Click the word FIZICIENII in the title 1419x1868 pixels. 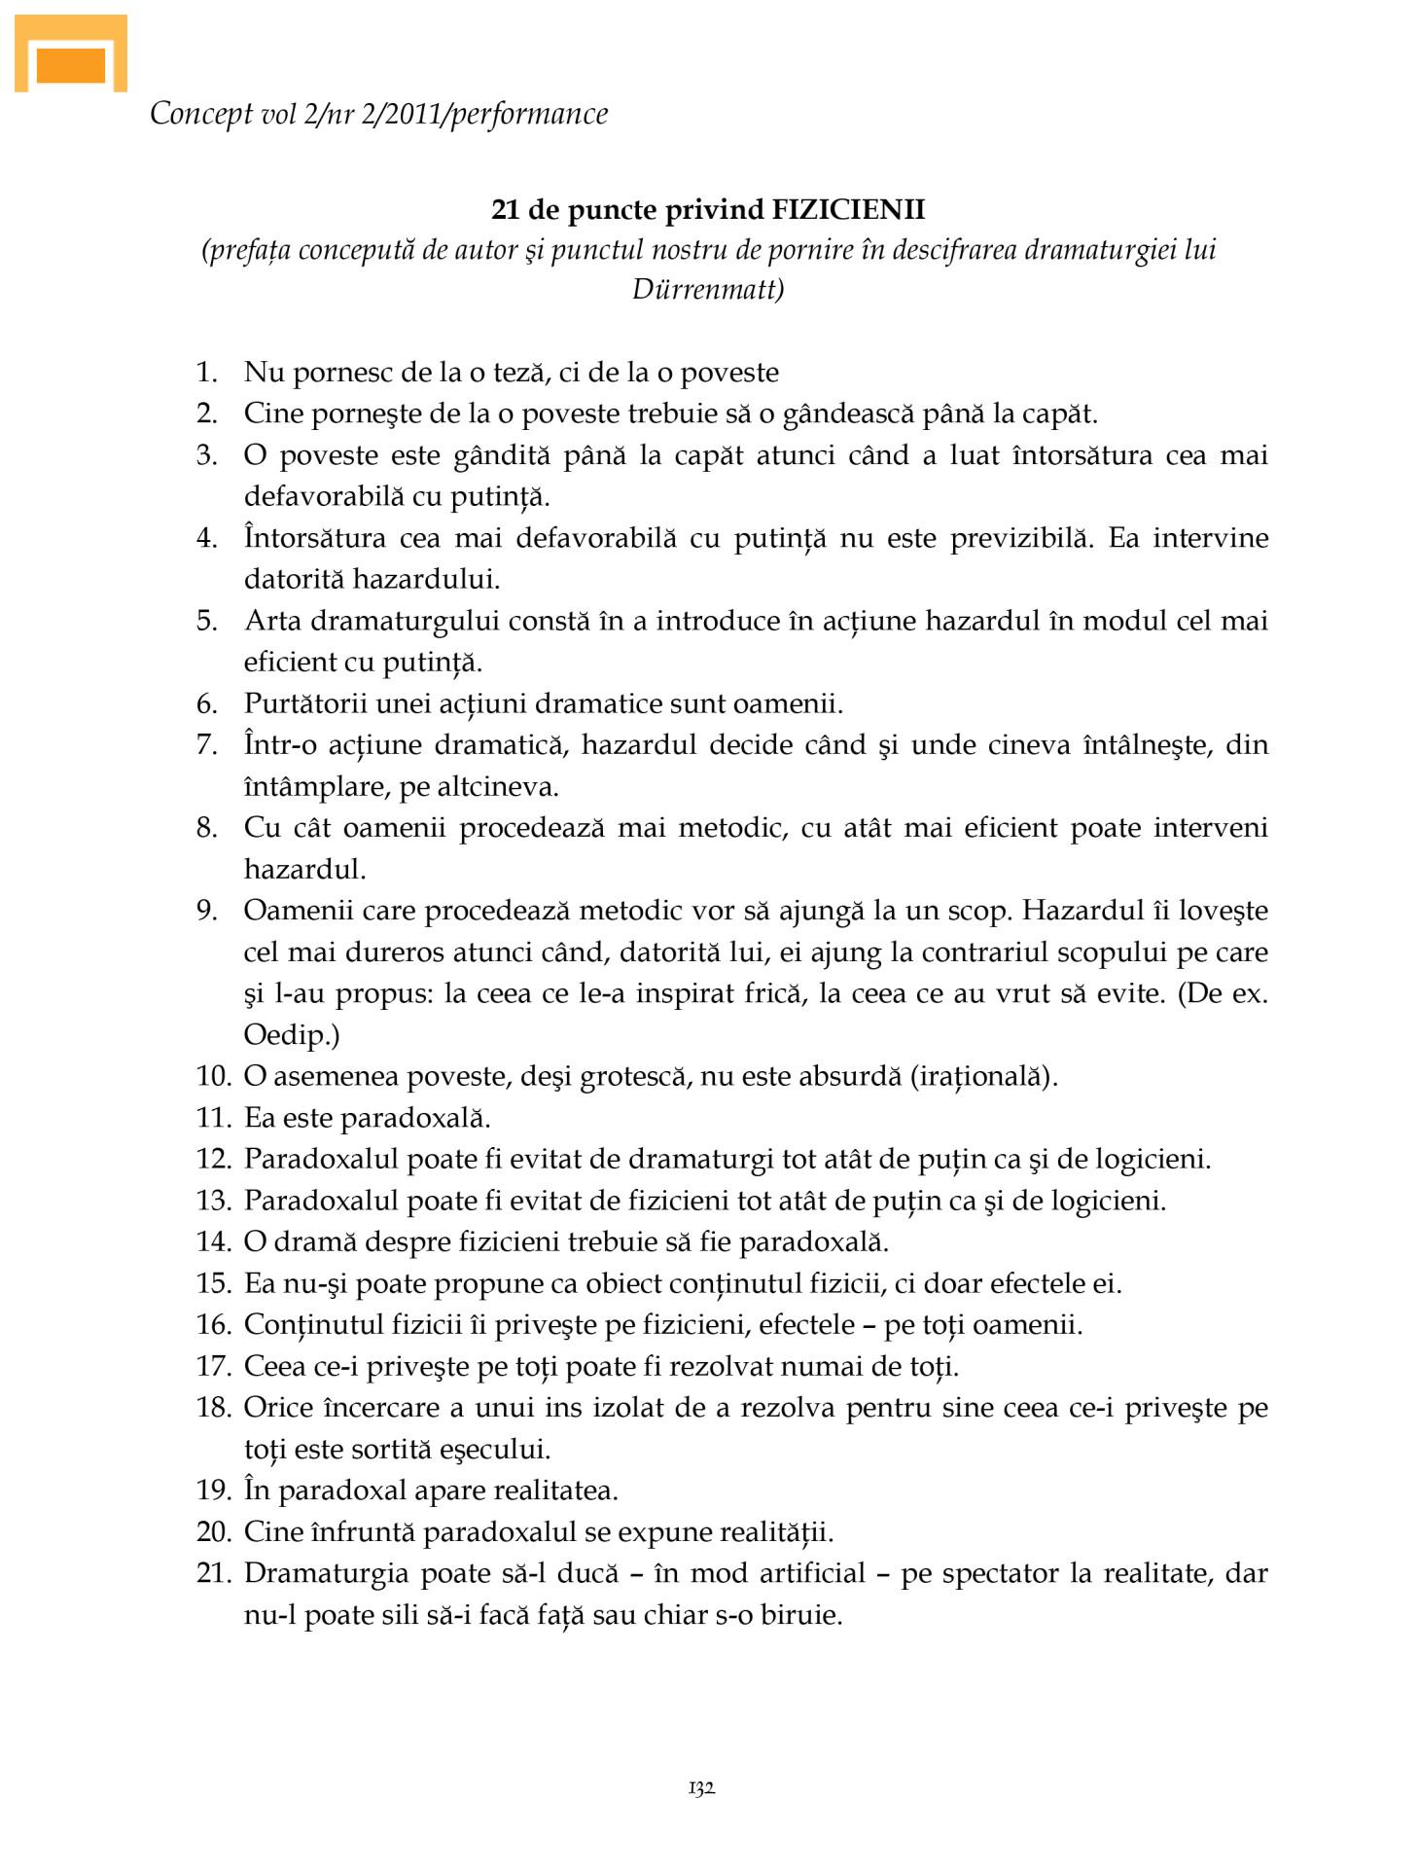click(x=848, y=209)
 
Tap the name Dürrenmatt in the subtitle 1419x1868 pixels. click(x=707, y=290)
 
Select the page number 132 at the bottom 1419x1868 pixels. click(x=701, y=1787)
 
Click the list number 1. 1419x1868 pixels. click(x=206, y=373)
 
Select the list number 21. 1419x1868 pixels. click(x=213, y=1573)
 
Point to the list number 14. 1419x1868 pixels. click(x=213, y=1242)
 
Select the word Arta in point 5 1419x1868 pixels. click(x=273, y=621)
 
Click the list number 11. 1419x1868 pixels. click(x=213, y=1118)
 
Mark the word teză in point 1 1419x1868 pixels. click(x=520, y=373)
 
